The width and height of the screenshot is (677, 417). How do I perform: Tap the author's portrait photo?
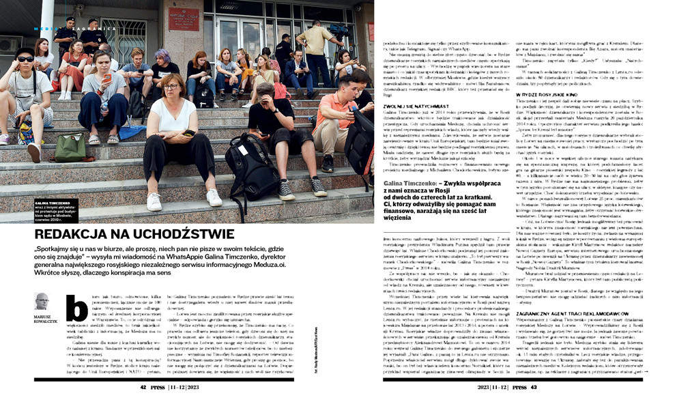[x=42, y=300]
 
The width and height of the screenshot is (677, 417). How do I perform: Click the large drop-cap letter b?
[x=76, y=308]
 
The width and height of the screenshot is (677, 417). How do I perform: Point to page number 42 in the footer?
[x=145, y=387]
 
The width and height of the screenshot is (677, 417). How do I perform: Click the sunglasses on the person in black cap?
[x=25, y=59]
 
